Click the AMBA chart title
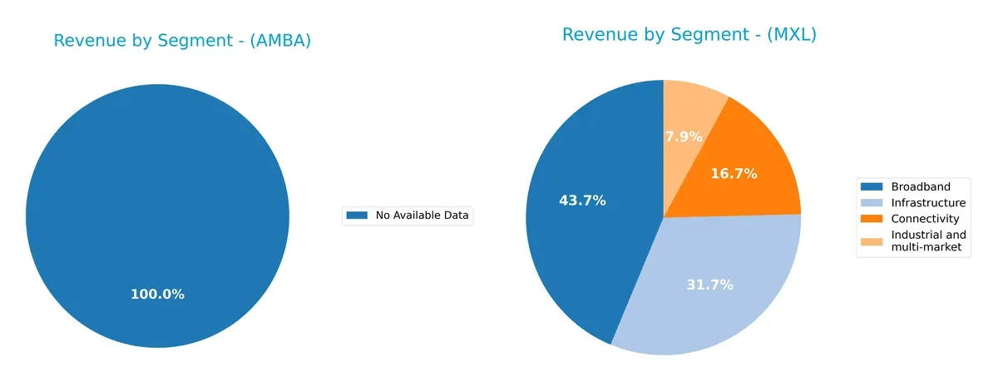point(182,41)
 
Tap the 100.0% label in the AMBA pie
point(157,295)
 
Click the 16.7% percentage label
point(734,174)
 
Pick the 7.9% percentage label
point(684,136)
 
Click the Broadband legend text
point(920,186)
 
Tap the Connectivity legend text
point(925,219)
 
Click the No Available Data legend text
point(422,216)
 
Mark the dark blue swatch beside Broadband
point(872,186)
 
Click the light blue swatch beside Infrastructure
point(872,203)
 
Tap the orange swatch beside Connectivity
point(872,219)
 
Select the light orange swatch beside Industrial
point(872,241)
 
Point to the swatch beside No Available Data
point(357,216)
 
